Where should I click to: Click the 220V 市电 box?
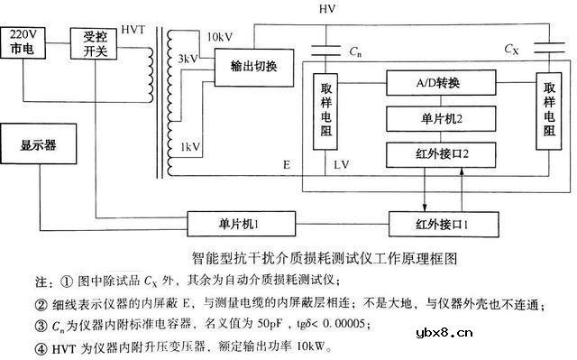[23, 42]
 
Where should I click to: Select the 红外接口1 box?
[436, 221]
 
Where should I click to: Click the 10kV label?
[220, 37]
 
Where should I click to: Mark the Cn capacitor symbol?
[328, 50]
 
